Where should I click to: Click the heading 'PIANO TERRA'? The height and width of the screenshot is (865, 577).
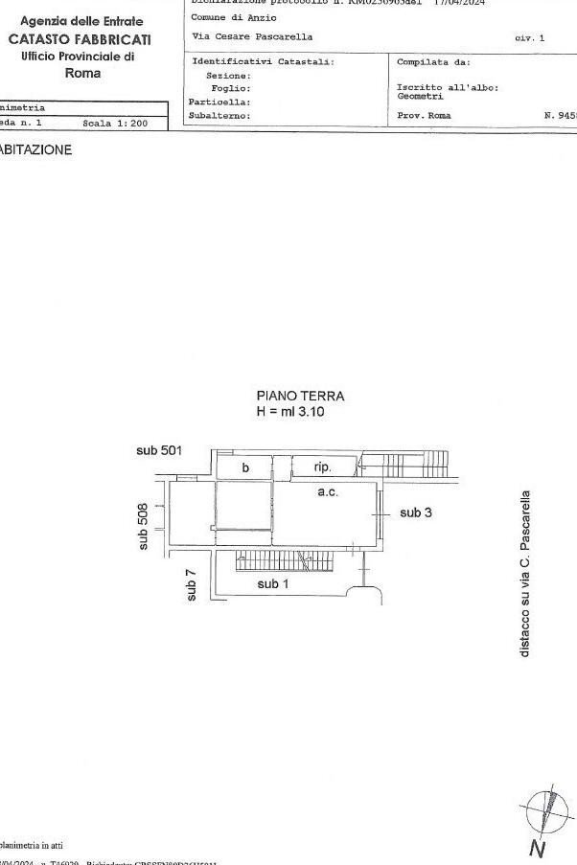300,396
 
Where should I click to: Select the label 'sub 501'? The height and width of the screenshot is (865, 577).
158,450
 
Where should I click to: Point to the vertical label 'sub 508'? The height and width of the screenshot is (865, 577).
144,526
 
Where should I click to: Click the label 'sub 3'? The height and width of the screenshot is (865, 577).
416,512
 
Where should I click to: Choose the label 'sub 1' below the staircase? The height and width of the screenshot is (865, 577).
272,583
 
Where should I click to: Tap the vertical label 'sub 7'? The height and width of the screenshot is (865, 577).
192,585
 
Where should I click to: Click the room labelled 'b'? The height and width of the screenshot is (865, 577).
245,467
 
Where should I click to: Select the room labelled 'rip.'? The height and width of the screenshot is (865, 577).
323,467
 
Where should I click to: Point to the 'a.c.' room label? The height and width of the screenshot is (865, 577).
328,491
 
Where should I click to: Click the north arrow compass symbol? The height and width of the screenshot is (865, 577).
546,810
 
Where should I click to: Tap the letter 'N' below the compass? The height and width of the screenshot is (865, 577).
538,848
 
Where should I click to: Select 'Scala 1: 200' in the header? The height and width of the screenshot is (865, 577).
115,123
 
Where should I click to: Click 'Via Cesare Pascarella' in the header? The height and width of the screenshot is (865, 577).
251,36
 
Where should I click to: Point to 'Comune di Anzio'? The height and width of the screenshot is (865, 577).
233,17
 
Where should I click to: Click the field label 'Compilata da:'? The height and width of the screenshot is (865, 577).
433,61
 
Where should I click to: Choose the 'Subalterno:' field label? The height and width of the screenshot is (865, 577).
219,115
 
